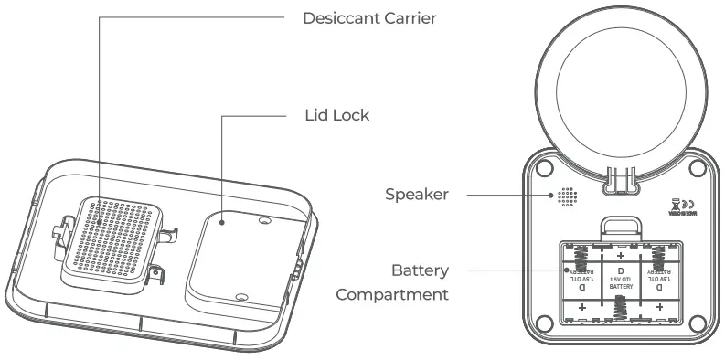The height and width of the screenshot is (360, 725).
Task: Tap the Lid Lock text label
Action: (x=336, y=116)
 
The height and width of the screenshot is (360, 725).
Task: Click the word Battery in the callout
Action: (x=419, y=270)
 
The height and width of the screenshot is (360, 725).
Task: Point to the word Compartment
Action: (x=392, y=294)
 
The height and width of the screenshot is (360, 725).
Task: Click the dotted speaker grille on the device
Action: (x=567, y=196)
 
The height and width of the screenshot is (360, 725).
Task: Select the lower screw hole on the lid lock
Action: (x=240, y=296)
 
